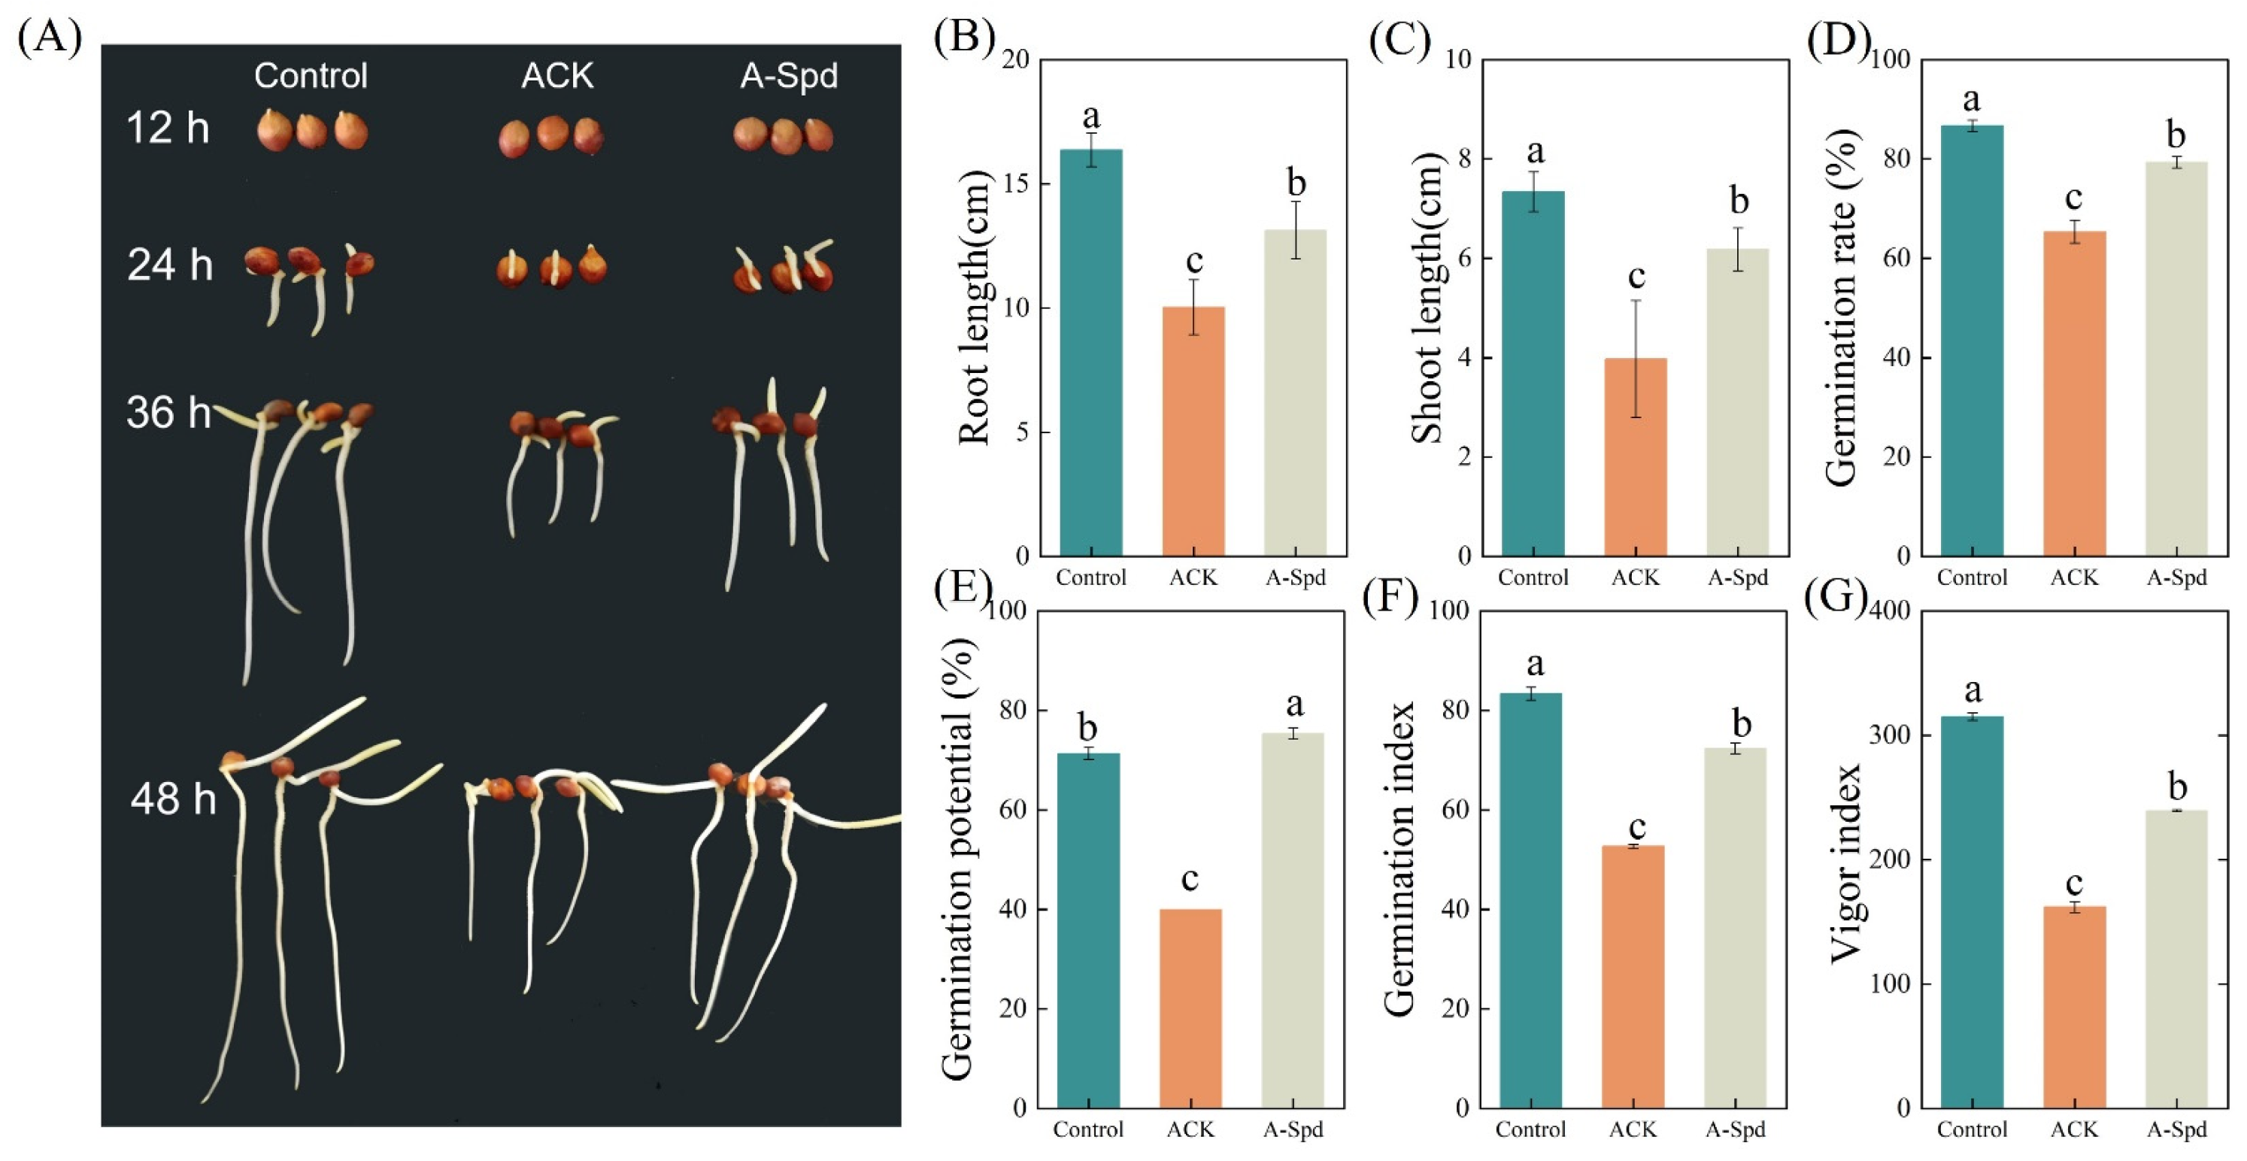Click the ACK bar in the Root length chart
coord(1193,431)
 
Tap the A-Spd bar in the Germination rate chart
coord(2176,359)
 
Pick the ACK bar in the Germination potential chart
coord(1190,1008)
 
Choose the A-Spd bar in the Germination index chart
coord(1735,928)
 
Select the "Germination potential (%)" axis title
coord(958,859)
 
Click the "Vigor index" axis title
coord(1845,863)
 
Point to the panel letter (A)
coord(49,38)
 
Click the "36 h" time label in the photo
coord(168,413)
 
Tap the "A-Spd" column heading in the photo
coord(789,76)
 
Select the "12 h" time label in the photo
coord(168,129)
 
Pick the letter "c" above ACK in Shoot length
coord(1636,276)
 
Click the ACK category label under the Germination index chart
coord(1632,1129)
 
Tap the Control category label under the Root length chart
coord(1090,577)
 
